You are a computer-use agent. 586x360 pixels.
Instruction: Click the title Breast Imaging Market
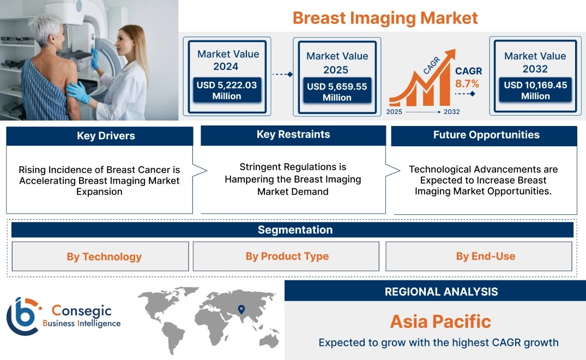385,18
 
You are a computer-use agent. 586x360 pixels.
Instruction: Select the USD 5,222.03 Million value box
227,90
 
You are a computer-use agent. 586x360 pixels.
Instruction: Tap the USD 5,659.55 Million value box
337,91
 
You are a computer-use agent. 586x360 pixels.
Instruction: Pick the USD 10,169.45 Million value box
535,90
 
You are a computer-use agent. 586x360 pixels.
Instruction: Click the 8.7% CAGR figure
467,83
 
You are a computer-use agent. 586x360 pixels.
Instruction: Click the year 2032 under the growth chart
451,112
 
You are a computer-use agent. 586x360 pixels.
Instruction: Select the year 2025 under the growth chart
394,112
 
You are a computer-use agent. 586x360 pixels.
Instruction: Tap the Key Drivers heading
106,136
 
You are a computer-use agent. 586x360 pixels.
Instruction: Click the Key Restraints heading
293,135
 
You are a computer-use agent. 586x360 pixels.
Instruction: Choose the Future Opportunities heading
486,135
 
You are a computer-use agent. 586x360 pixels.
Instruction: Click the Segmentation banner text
295,230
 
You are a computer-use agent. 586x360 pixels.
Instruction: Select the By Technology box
100,256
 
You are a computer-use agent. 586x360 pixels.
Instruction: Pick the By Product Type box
286,256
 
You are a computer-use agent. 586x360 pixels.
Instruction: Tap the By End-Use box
479,256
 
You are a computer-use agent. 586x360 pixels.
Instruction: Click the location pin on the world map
241,309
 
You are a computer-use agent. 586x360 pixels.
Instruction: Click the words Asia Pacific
440,321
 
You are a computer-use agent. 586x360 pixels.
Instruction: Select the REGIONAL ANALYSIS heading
442,292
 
